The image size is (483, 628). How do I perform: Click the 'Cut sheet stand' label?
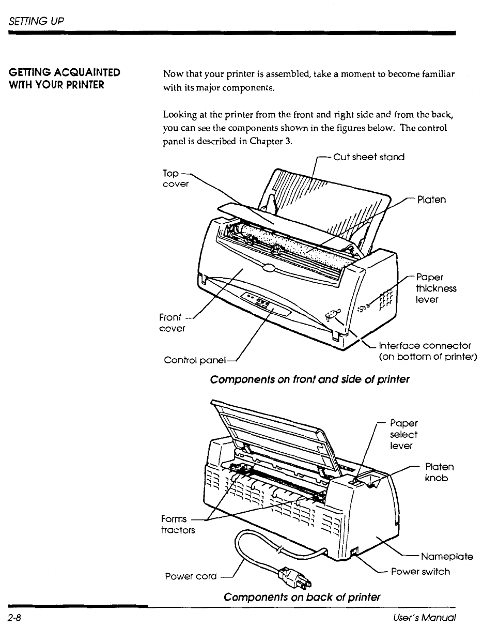[369, 157]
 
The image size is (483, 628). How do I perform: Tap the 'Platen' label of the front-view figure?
[432, 200]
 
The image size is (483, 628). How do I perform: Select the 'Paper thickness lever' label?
[436, 288]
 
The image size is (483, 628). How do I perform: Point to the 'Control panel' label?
[195, 360]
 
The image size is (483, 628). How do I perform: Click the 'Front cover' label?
[172, 323]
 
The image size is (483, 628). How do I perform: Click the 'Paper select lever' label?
[403, 434]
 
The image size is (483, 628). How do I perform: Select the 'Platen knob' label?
[439, 472]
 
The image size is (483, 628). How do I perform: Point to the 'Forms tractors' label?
[178, 525]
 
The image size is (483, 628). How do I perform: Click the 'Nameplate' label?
[447, 556]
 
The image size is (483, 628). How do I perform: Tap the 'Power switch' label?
[420, 571]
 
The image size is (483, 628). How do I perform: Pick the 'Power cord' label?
[191, 576]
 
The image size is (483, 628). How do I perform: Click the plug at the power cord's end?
[294, 578]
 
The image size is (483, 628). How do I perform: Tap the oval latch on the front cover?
[269, 267]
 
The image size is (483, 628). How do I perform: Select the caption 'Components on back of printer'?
[302, 597]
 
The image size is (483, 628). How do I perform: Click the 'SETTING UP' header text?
[36, 21]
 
